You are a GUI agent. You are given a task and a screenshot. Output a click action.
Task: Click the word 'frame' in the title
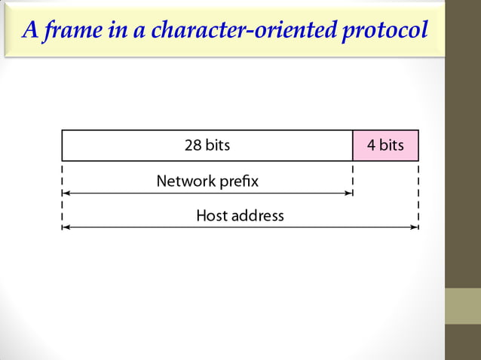coord(66,29)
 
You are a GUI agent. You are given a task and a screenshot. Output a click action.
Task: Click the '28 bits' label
coord(207,145)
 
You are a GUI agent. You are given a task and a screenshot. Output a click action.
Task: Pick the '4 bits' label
coord(385,145)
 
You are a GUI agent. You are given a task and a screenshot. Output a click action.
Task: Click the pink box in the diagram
coord(385,145)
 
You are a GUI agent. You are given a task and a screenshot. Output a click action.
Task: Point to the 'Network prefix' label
coord(207,182)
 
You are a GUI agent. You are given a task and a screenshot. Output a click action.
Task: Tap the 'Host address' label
coord(240,216)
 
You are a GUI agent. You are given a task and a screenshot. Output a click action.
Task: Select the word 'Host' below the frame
coord(211,216)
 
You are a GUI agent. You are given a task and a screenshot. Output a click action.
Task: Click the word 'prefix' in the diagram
coord(238,182)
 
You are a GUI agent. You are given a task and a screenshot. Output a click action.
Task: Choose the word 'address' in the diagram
coord(257,216)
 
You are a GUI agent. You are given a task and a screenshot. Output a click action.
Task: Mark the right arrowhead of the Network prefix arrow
coord(349,194)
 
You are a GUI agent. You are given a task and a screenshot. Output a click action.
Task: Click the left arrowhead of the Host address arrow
coord(65,227)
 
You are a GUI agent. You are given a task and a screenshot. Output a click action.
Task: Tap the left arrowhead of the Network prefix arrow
coord(65,194)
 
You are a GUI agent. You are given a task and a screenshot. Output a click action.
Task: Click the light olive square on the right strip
coord(463,306)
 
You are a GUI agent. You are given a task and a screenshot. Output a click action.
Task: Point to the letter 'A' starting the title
coord(30,29)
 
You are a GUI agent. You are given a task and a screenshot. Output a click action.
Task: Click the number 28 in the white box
coord(193,145)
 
